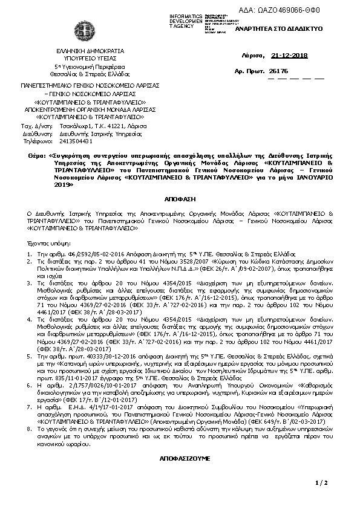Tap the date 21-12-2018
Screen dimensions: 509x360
coord(290,56)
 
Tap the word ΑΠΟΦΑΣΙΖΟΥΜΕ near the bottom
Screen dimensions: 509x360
coord(180,459)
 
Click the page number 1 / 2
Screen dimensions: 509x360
coord(321,482)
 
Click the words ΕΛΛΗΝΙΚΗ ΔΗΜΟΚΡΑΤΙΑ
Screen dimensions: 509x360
coord(80,51)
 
